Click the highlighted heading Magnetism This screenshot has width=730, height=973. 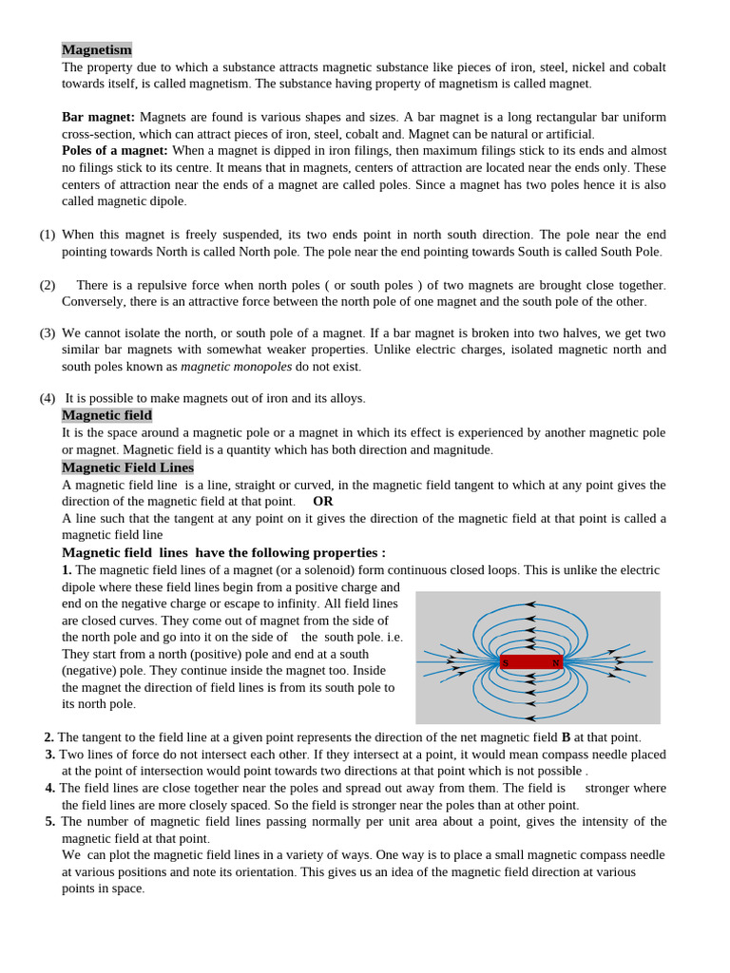click(97, 49)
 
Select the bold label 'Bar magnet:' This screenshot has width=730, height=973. click(98, 117)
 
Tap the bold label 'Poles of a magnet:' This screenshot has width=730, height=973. click(115, 150)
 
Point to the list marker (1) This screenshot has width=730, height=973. click(48, 235)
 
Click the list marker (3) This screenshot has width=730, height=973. click(48, 334)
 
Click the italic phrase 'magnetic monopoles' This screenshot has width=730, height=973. click(236, 367)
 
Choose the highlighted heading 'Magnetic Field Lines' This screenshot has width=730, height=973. click(127, 467)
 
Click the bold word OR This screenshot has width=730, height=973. click(323, 501)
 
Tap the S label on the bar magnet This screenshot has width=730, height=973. click(506, 662)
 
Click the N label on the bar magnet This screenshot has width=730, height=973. click(555, 662)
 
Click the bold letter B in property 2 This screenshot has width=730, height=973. click(566, 737)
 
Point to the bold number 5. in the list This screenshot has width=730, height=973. click(50, 821)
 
